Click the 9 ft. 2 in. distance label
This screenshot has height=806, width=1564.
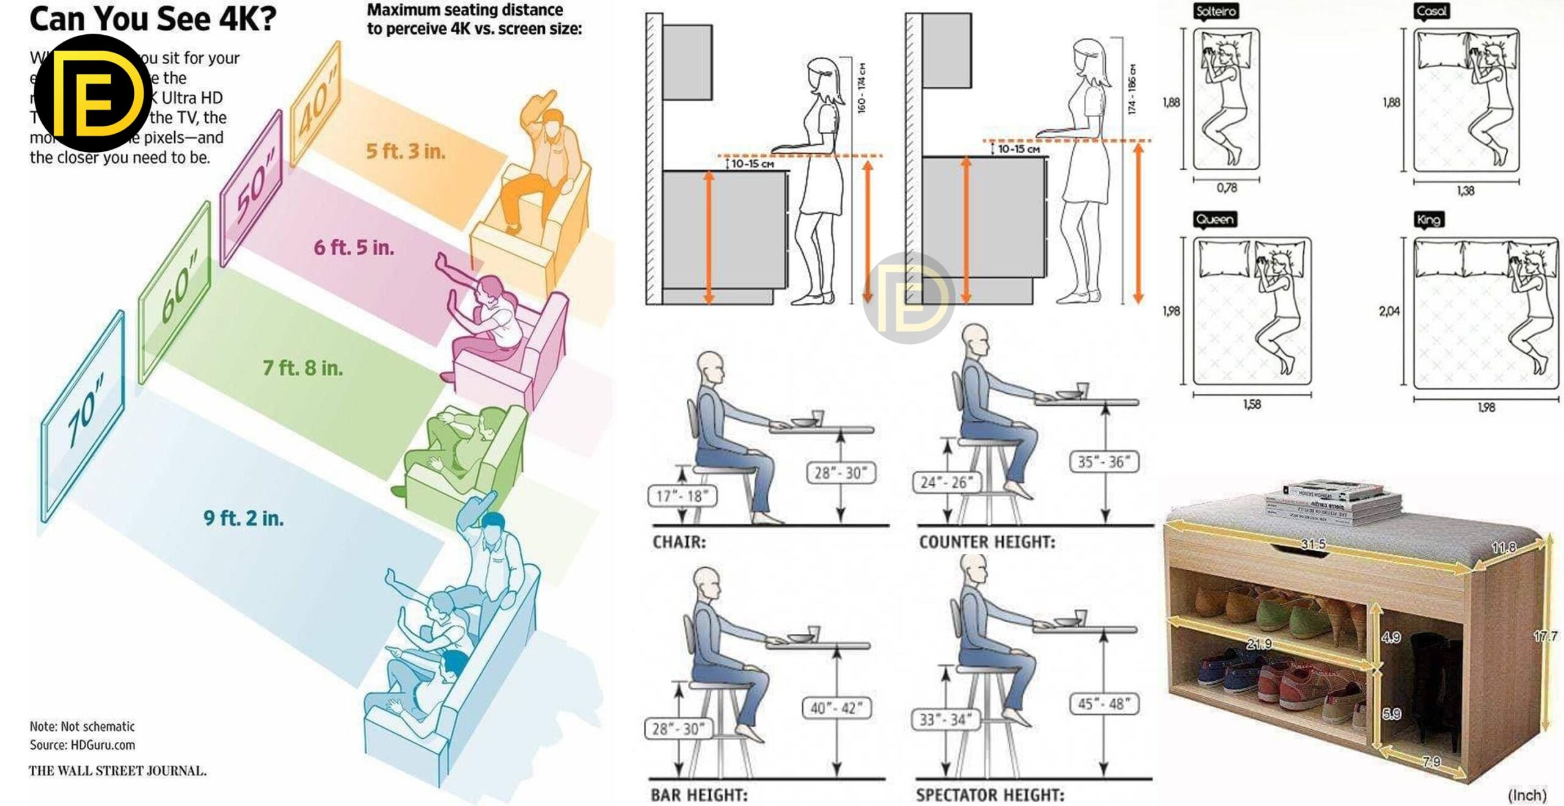pyautogui.click(x=243, y=518)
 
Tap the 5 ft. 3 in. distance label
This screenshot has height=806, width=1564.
pyautogui.click(x=406, y=151)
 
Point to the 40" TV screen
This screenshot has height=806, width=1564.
pyautogui.click(x=315, y=103)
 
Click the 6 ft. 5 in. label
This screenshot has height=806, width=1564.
pyautogui.click(x=354, y=248)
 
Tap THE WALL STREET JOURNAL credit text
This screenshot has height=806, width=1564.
pyautogui.click(x=117, y=771)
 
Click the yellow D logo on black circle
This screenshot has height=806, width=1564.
pyautogui.click(x=93, y=93)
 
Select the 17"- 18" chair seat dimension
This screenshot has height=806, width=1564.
pyautogui.click(x=682, y=496)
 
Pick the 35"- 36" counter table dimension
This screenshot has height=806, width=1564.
pyautogui.click(x=1104, y=462)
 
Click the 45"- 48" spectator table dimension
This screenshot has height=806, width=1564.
pyautogui.click(x=1103, y=703)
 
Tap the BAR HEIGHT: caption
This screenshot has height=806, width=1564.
pyautogui.click(x=699, y=795)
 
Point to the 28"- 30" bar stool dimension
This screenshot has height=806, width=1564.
pyautogui.click(x=678, y=728)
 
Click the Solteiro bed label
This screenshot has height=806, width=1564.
pyautogui.click(x=1216, y=11)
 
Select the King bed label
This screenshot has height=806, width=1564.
pyautogui.click(x=1428, y=220)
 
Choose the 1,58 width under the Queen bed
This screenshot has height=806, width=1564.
pyautogui.click(x=1252, y=404)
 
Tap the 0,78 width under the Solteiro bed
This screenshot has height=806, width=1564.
pyautogui.click(x=1226, y=188)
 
